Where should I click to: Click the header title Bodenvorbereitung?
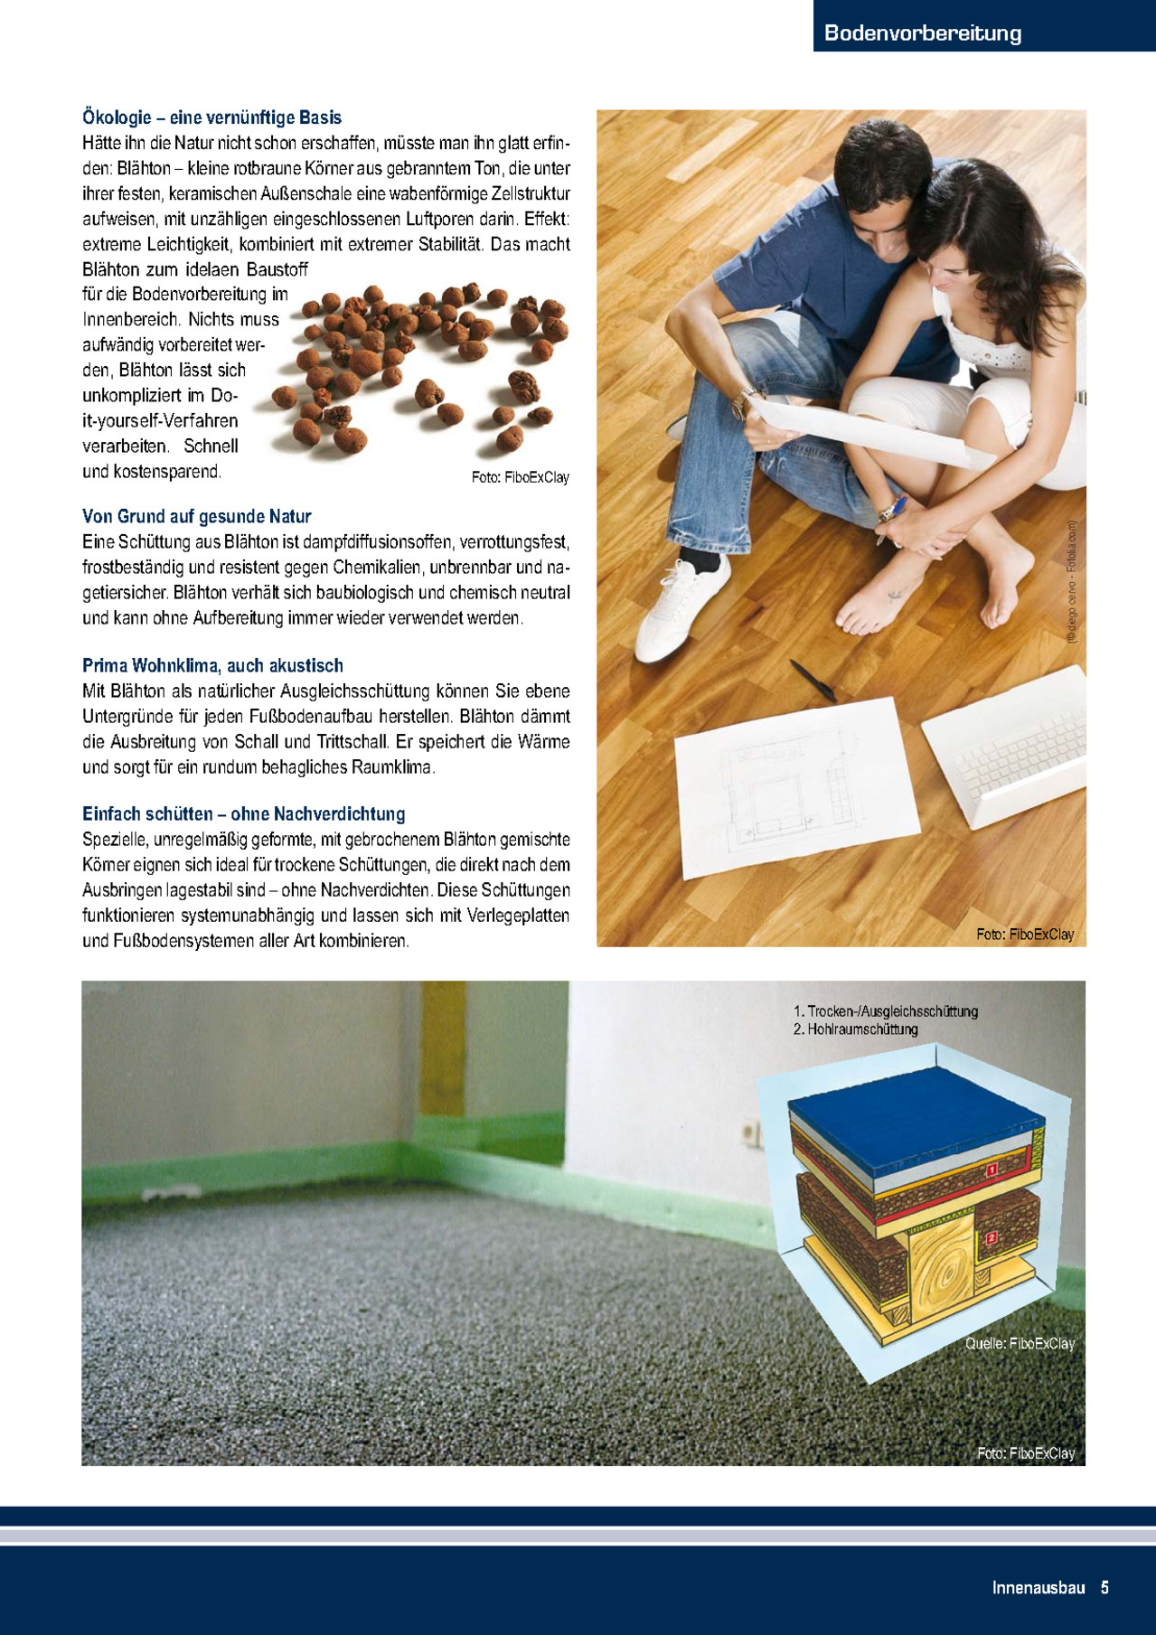(923, 33)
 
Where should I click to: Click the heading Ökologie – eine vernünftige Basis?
(211, 117)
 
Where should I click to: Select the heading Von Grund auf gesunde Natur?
(196, 516)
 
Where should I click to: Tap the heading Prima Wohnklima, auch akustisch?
(212, 665)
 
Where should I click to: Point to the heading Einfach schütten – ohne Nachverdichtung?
(243, 813)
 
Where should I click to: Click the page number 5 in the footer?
(1104, 1587)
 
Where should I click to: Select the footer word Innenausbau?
(1038, 1587)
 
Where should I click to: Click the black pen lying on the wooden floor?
(812, 680)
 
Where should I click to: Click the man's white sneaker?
(682, 606)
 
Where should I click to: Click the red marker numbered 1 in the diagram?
(991, 1170)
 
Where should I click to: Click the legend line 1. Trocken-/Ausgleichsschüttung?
(885, 1011)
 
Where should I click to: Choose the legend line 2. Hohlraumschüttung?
(855, 1029)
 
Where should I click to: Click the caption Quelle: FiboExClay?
(1020, 1344)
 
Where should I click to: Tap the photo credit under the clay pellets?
(520, 477)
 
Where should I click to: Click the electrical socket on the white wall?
(749, 1132)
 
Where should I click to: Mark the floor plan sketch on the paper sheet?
(786, 786)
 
